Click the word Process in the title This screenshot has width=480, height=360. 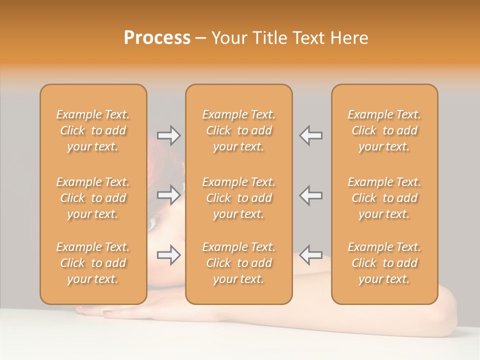pyautogui.click(x=157, y=38)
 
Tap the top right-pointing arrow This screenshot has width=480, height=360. pyautogui.click(x=169, y=135)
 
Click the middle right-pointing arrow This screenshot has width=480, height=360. pyautogui.click(x=169, y=194)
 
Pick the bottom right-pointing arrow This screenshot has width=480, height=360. pyautogui.click(x=169, y=255)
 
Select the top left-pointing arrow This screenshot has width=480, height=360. pyautogui.click(x=311, y=135)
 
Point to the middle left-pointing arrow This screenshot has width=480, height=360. pyautogui.click(x=311, y=194)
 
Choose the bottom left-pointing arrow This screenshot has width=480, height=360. pyautogui.click(x=311, y=255)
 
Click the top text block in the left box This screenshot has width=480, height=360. pyautogui.click(x=93, y=130)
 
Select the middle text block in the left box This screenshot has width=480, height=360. pyautogui.click(x=93, y=198)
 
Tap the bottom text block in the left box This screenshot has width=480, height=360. pyautogui.click(x=93, y=263)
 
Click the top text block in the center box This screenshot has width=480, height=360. pyautogui.click(x=239, y=130)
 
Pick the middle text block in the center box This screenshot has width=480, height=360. pyautogui.click(x=239, y=198)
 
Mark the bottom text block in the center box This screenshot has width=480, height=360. pyautogui.click(x=239, y=263)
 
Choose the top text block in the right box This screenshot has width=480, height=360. pyautogui.click(x=384, y=130)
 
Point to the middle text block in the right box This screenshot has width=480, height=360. pyautogui.click(x=384, y=198)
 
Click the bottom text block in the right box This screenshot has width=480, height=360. pyautogui.click(x=384, y=263)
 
